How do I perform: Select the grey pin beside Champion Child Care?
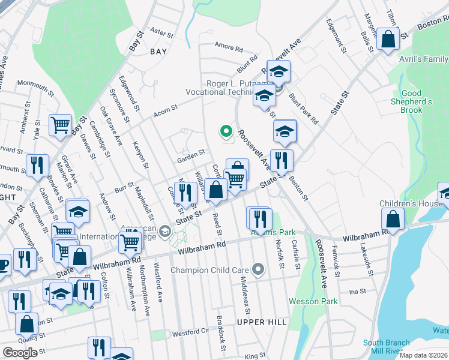pyautogui.click(x=258, y=269)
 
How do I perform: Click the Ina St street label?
pyautogui.click(x=358, y=292)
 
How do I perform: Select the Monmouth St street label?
pyautogui.click(x=35, y=83)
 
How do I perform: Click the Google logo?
pyautogui.click(x=20, y=353)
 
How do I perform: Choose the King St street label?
pyautogui.click(x=255, y=356)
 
